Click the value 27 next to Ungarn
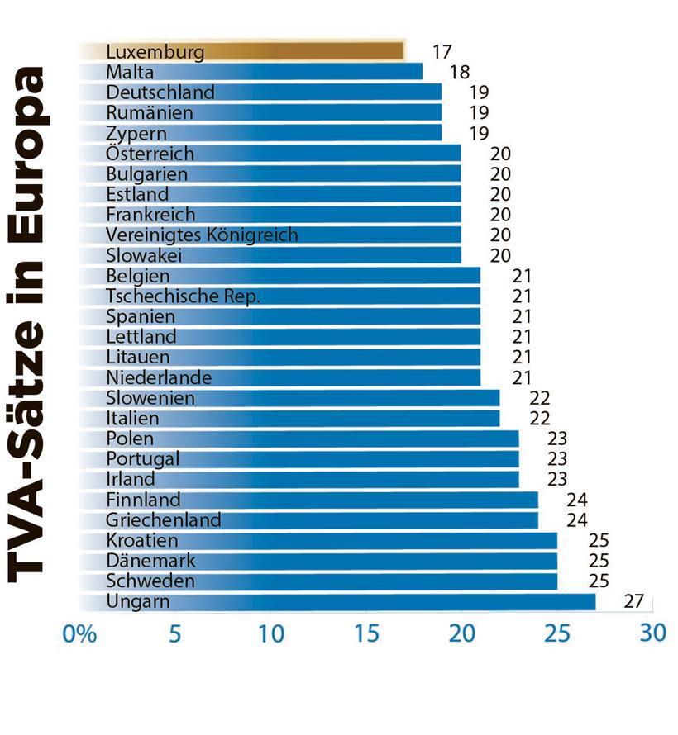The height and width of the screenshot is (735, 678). click(x=633, y=601)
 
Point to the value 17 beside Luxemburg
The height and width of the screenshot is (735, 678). click(x=442, y=52)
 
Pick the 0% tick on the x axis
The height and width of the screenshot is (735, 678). click(x=80, y=634)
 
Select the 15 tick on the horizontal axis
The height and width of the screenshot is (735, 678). click(x=365, y=634)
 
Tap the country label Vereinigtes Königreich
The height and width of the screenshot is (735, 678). click(x=202, y=235)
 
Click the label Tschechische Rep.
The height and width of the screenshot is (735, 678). click(x=183, y=296)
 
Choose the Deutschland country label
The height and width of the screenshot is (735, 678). click(x=160, y=92)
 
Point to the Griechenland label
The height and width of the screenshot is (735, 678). click(x=164, y=519)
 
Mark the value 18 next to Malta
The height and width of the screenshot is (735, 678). click(x=459, y=73)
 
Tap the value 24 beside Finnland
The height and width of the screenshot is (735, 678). click(x=576, y=500)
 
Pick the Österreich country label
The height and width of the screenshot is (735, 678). click(x=150, y=154)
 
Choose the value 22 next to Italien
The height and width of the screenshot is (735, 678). click(x=539, y=419)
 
